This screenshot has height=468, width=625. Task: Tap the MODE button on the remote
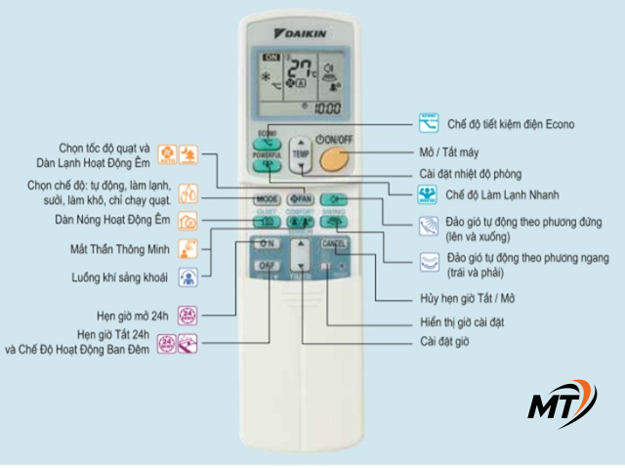(267, 198)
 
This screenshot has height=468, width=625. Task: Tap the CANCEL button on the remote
(333, 243)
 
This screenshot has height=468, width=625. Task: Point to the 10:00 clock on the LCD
(325, 107)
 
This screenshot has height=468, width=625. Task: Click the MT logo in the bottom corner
(558, 404)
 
